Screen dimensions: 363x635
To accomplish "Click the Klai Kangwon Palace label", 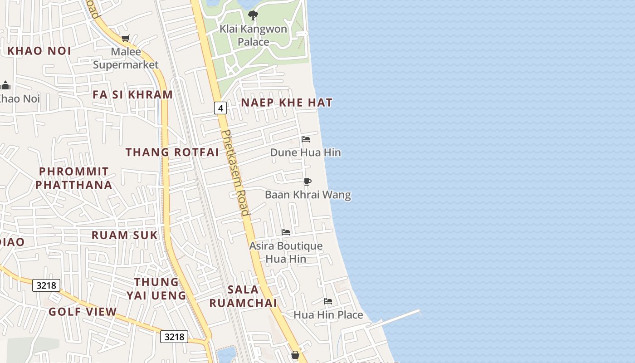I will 253,35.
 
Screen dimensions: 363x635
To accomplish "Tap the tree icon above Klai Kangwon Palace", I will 253,16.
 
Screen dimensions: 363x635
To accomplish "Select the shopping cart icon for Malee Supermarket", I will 125,39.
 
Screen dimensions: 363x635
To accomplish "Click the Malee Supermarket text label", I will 126,58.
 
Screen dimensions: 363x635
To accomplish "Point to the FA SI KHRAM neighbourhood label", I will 132,94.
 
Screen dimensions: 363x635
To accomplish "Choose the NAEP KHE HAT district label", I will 287,103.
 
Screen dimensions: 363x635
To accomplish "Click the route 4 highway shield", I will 220,108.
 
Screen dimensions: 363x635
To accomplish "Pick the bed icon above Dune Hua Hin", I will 306,139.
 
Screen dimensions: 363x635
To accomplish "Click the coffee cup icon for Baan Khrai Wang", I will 308,182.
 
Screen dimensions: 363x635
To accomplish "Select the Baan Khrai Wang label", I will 308,195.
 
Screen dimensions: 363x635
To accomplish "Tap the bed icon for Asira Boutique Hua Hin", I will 286,232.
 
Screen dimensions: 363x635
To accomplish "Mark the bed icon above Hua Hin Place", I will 328,301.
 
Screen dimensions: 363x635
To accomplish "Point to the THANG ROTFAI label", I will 172,152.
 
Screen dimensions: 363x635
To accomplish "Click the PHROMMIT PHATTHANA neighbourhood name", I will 74,178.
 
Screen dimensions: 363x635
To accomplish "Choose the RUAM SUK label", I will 124,235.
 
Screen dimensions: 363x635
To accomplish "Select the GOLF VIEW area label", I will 83,312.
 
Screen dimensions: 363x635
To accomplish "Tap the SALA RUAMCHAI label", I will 243,296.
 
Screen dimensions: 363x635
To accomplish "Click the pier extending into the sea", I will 399,318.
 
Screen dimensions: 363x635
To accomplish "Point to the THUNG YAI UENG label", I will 156,289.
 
